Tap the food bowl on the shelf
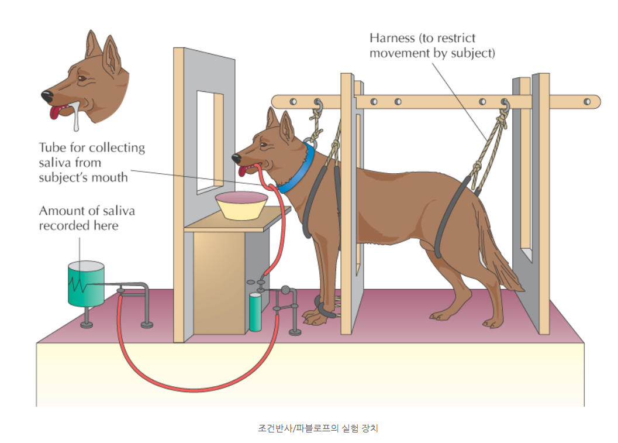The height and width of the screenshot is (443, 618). pyautogui.click(x=241, y=205)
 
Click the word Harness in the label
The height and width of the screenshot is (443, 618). pyautogui.click(x=392, y=38)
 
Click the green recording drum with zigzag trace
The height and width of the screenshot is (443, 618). pyautogui.click(x=86, y=283)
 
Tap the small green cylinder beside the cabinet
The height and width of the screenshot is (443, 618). pyautogui.click(x=255, y=312)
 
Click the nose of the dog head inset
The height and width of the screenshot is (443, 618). pyautogui.click(x=47, y=96)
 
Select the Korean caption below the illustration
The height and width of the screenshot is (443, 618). pyautogui.click(x=318, y=428)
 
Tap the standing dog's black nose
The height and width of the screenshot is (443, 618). pyautogui.click(x=236, y=159)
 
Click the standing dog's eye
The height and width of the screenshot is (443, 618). pyautogui.click(x=264, y=145)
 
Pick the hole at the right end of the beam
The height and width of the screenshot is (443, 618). pyautogui.click(x=587, y=102)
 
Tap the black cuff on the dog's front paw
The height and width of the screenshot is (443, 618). pyautogui.click(x=325, y=307)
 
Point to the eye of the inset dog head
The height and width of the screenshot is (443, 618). pyautogui.click(x=82, y=78)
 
